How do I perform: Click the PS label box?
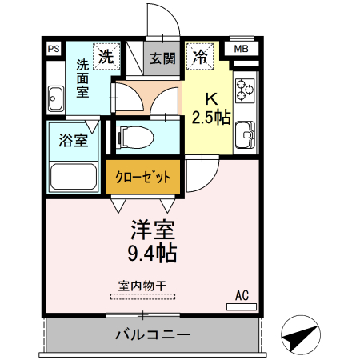pos(54,50)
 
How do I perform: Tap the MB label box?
pos(240,50)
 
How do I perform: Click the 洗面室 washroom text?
pos(82,78)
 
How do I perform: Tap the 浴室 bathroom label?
pos(74,141)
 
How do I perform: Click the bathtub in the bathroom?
pos(74,175)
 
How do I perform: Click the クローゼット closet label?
pos(142,178)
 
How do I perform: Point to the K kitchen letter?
pos(212,99)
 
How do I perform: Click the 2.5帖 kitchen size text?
pos(210,118)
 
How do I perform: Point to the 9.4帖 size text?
pos(154,254)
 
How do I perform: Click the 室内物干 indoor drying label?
pos(142,285)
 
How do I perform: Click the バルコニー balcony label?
pos(152,334)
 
